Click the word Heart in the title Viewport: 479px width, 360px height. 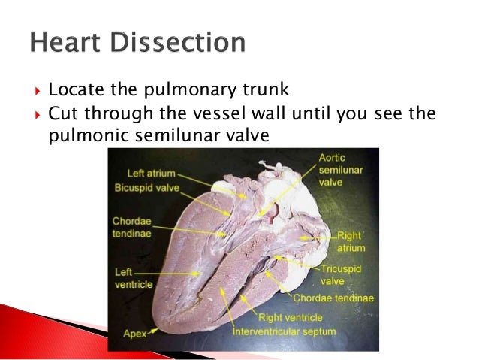click(x=67, y=42)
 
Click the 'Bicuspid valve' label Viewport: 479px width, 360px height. click(x=148, y=187)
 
